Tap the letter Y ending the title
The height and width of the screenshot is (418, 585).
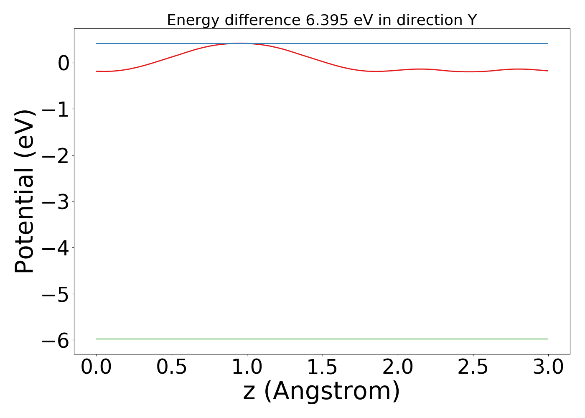472,20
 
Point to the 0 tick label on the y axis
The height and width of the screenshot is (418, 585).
64,64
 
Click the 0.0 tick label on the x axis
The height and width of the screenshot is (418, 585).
97,367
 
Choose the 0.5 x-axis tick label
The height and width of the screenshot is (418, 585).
172,367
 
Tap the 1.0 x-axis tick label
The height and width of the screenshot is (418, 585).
247,367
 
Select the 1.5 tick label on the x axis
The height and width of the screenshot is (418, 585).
323,367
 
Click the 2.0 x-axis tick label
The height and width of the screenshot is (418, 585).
398,367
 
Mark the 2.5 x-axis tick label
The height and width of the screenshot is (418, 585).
473,367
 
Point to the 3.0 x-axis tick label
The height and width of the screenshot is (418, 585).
548,367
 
